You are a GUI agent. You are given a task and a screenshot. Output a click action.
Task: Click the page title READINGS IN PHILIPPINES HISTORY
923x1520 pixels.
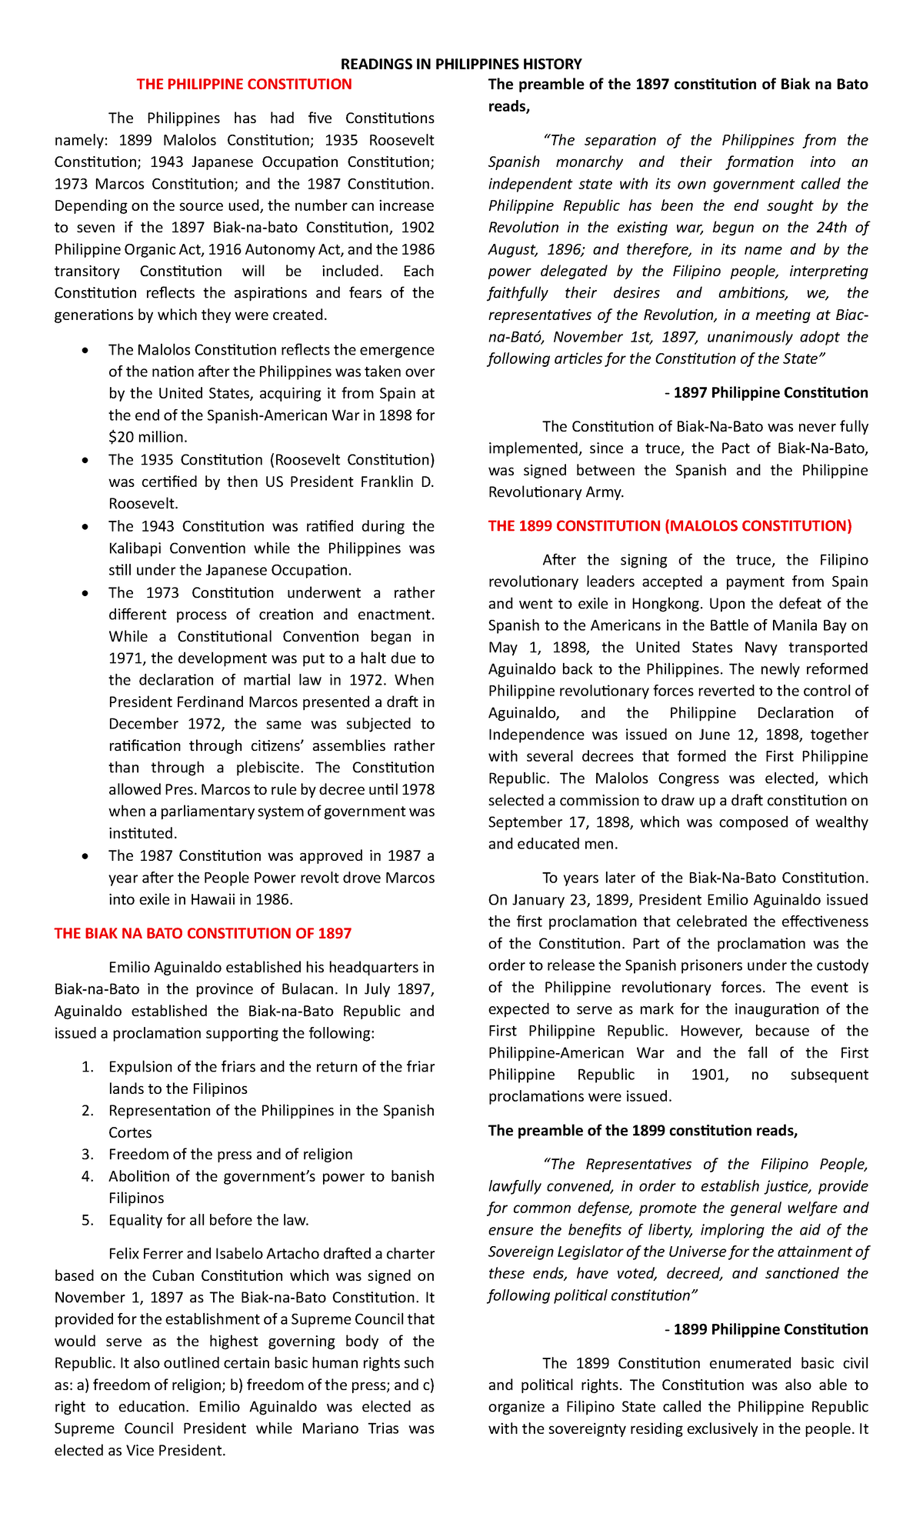[x=461, y=64]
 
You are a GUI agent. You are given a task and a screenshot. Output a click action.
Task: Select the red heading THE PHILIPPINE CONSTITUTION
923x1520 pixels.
[x=244, y=85]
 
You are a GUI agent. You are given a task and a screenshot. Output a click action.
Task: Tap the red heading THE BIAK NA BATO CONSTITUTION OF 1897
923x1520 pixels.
[x=202, y=934]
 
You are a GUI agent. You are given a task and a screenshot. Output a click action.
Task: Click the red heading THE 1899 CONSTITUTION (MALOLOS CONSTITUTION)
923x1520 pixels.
[x=670, y=526]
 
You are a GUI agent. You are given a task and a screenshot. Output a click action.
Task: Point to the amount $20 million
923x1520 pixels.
[x=148, y=438]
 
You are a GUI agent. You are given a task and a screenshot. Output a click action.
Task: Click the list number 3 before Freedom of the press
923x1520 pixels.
[x=87, y=1155]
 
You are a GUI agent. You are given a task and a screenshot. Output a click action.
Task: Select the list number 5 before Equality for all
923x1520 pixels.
[x=87, y=1220]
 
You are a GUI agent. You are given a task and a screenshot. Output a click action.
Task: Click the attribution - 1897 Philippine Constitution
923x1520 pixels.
[x=766, y=393]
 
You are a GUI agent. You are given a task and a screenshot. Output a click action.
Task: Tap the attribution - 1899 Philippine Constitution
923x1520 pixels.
[x=766, y=1329]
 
